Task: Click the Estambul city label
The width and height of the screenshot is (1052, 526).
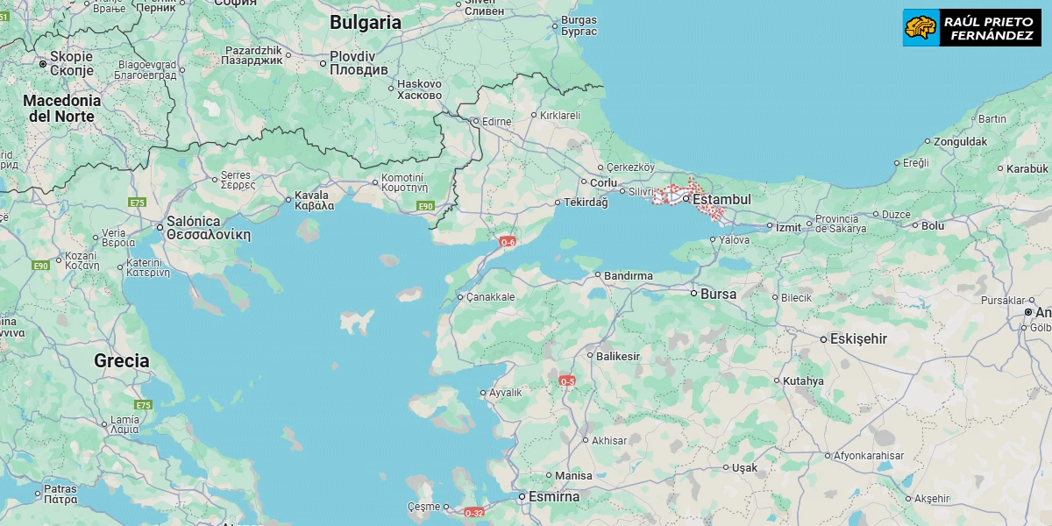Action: pyautogui.click(x=721, y=200)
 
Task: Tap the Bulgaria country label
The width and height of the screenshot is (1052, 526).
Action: pyautogui.click(x=366, y=24)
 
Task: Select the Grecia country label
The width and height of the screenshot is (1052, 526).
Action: pyautogui.click(x=121, y=360)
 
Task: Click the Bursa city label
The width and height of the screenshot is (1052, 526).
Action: pyautogui.click(x=718, y=294)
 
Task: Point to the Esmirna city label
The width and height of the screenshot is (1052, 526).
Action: pyautogui.click(x=553, y=497)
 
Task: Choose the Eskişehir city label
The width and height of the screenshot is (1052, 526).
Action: pyautogui.click(x=859, y=339)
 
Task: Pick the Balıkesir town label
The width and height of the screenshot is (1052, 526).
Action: pyautogui.click(x=618, y=357)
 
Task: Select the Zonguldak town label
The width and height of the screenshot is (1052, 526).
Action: pyautogui.click(x=960, y=141)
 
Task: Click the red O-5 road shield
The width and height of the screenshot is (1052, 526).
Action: pyautogui.click(x=567, y=380)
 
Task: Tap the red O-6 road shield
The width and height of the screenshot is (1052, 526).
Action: pyautogui.click(x=508, y=241)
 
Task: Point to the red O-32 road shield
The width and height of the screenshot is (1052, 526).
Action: pyautogui.click(x=473, y=513)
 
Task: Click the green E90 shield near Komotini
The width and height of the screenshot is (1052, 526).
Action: pyautogui.click(x=425, y=206)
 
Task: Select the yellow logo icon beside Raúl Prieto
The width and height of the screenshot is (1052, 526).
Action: pyautogui.click(x=920, y=28)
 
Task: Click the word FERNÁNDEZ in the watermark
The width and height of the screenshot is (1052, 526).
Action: pyautogui.click(x=991, y=36)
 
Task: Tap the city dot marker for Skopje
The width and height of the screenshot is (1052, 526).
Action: pyautogui.click(x=42, y=64)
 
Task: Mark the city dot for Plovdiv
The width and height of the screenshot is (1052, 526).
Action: pyautogui.click(x=323, y=63)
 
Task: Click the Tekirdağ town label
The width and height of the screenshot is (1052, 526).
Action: pyautogui.click(x=586, y=203)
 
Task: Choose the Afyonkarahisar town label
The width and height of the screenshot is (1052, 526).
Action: pyautogui.click(x=868, y=456)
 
